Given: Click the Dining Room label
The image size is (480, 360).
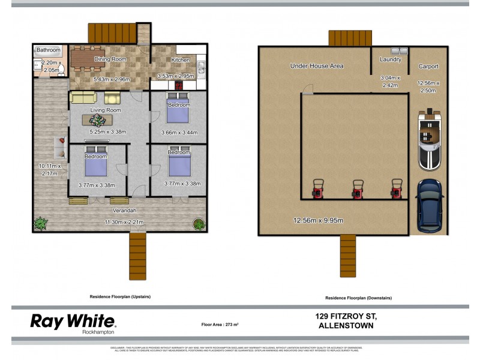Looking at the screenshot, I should point(110,59).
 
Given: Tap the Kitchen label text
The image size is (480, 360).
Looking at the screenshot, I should point(181,60).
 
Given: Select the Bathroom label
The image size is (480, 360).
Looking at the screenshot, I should point(49,50).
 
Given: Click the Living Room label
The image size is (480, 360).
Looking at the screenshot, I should point(106,110).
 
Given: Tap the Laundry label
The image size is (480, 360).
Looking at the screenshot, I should point(391,59).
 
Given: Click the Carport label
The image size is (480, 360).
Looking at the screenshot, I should point(428,67).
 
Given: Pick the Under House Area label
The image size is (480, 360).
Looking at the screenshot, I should point(316,65).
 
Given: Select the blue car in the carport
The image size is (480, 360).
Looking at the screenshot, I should point(429,205).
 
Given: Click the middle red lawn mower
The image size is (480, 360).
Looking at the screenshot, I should point(358,188).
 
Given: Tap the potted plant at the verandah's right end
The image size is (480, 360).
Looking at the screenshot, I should point(199,224).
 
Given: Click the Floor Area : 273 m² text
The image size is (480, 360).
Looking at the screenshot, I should point(220,325).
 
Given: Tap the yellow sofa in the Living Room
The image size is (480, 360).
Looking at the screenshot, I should point(83,97).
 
